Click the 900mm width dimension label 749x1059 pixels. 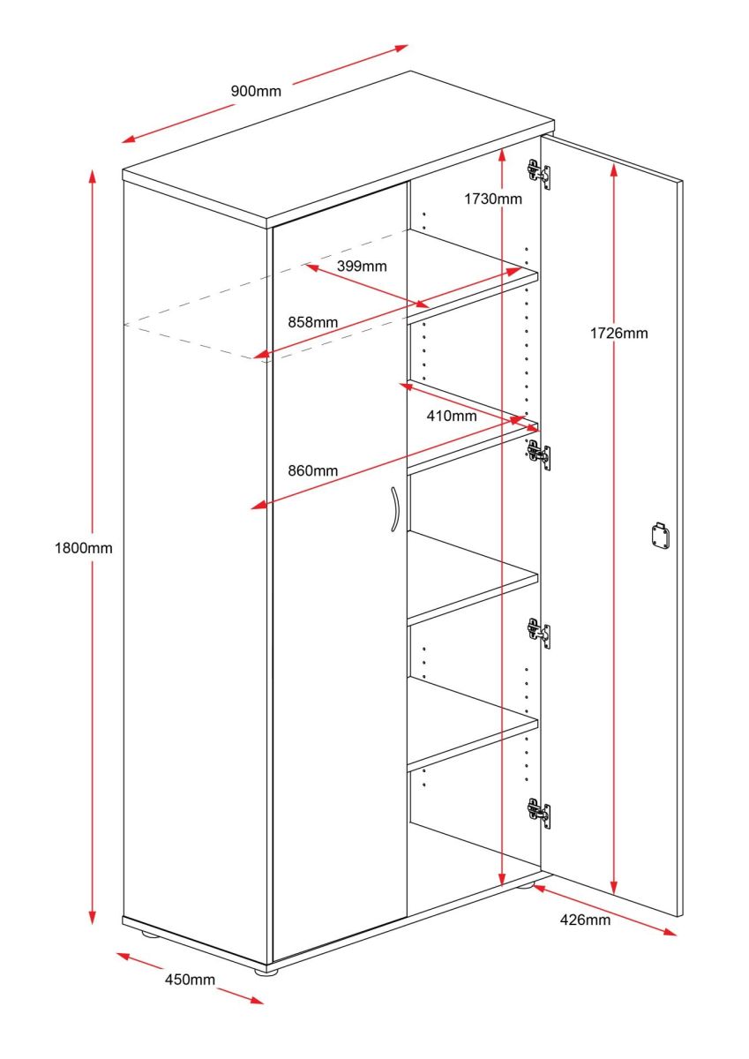tap(256, 91)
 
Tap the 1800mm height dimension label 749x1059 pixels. tap(84, 548)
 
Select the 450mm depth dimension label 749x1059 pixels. tap(190, 979)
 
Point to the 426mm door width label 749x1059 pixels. tap(585, 920)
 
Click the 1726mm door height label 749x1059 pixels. tap(618, 334)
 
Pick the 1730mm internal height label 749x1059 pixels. tap(493, 199)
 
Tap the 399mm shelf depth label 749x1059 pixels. tap(362, 267)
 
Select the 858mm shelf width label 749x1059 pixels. tap(313, 322)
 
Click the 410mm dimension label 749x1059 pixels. tap(452, 416)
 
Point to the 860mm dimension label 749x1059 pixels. tap(313, 470)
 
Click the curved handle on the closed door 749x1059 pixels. tap(395, 510)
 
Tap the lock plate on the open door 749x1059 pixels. tap(661, 535)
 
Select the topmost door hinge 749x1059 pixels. tap(539, 174)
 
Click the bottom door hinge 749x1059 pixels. tap(539, 813)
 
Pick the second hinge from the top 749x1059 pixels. tap(539, 454)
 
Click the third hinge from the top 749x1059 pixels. tap(539, 633)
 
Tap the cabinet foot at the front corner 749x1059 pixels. tap(266, 972)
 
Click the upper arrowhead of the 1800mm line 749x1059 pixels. tap(93, 176)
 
